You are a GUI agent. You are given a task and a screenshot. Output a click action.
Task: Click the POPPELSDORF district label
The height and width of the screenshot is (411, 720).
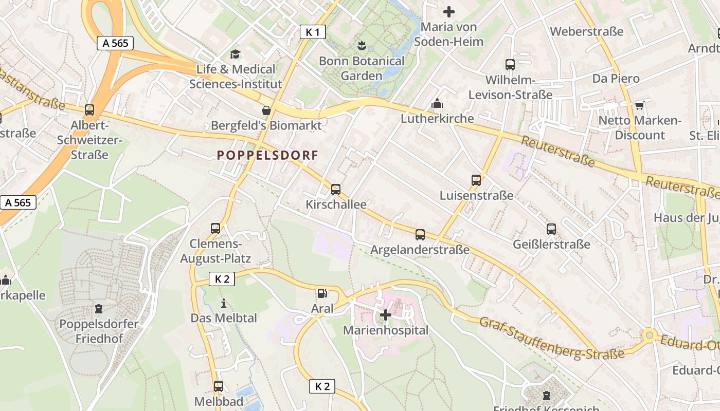[267, 155]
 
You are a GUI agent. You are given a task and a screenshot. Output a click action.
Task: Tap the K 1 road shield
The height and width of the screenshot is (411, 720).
[313, 32]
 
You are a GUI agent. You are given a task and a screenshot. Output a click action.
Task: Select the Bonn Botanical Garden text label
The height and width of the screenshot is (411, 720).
[362, 68]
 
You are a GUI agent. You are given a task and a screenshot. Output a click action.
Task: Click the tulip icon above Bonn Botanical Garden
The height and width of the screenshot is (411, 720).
[362, 45]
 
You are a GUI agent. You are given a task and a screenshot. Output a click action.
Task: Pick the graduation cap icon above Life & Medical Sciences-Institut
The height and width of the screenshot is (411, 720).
[235, 54]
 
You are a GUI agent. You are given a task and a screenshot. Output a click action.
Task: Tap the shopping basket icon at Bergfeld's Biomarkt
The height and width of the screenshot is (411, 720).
[266, 110]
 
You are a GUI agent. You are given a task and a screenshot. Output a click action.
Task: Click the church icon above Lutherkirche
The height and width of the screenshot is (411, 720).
[437, 103]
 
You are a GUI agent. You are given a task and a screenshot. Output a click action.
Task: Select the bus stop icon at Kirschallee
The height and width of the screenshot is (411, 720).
[336, 189]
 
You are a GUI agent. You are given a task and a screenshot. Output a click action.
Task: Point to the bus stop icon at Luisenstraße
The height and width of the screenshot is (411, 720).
[476, 180]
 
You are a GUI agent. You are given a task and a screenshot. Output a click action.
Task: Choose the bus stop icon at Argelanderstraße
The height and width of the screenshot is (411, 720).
[420, 235]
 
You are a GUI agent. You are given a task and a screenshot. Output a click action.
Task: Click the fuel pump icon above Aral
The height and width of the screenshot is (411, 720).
[322, 293]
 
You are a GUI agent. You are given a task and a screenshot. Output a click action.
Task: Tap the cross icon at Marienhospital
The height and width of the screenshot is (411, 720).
[385, 314]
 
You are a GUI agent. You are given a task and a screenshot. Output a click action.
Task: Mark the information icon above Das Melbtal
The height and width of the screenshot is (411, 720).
[223, 303]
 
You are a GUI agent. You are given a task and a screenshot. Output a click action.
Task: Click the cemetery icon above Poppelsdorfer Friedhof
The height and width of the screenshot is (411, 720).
[98, 309]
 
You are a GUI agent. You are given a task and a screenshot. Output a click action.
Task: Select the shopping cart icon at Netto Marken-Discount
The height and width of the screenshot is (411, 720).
[639, 105]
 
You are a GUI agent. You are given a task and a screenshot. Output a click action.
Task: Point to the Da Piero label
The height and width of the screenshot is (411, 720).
[616, 79]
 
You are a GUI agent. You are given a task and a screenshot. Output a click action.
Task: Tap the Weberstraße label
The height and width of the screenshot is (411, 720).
[586, 31]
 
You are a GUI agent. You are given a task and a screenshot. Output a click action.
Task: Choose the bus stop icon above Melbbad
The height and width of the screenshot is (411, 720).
[219, 386]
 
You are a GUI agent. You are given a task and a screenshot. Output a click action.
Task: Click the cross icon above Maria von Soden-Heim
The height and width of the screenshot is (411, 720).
[449, 11]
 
